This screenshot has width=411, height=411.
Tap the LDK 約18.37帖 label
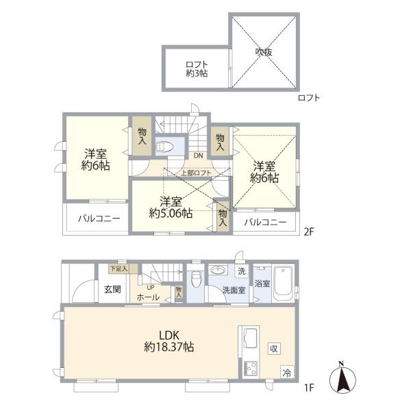click(x=169, y=342)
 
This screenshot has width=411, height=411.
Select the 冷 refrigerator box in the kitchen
click(x=287, y=372)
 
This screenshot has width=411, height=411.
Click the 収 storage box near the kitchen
click(x=274, y=349)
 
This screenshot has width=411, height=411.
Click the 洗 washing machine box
click(x=241, y=271)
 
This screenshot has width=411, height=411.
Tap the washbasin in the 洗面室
click(x=218, y=270)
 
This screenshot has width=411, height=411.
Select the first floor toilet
click(x=195, y=279)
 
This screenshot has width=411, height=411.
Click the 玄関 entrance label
click(x=113, y=289)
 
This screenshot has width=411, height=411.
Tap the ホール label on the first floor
click(x=148, y=297)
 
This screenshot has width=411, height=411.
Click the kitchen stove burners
click(x=251, y=369)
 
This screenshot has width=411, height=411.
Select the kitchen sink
click(x=251, y=338)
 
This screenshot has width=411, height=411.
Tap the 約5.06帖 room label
click(x=171, y=214)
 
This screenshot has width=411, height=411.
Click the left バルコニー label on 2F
click(x=99, y=219)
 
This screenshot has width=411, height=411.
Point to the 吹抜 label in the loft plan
click(x=264, y=52)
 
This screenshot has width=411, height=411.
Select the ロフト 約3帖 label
click(x=197, y=69)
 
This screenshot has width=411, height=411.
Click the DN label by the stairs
click(x=199, y=155)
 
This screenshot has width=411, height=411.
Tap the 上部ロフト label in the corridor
click(x=197, y=173)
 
